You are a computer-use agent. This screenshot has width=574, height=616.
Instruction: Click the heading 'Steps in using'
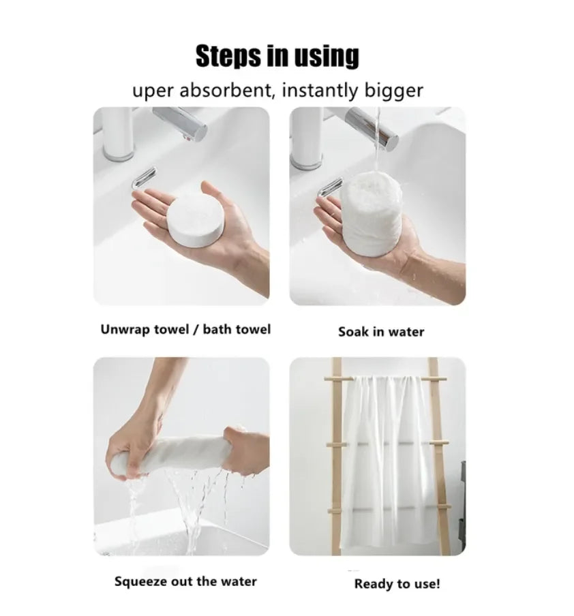[x=277, y=57]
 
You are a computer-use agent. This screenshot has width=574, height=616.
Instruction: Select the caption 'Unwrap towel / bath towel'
[x=185, y=330]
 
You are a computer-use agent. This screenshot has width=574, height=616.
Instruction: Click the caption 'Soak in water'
[x=381, y=332]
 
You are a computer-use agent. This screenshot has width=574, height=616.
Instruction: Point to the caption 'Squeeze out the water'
[x=185, y=581]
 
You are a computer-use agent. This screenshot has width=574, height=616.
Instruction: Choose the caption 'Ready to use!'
[x=397, y=584]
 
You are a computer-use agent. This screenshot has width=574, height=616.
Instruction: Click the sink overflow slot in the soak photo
[x=330, y=187]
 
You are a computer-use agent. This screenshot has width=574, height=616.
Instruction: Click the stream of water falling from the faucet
[x=376, y=147]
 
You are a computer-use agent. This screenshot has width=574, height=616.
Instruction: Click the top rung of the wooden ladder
[x=385, y=378]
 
